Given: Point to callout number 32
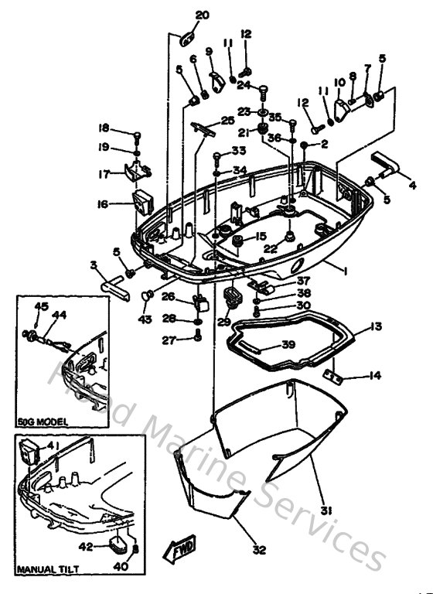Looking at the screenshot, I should [258, 550].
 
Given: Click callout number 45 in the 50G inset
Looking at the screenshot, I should [41, 306].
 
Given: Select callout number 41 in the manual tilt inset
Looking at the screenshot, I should [53, 446].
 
